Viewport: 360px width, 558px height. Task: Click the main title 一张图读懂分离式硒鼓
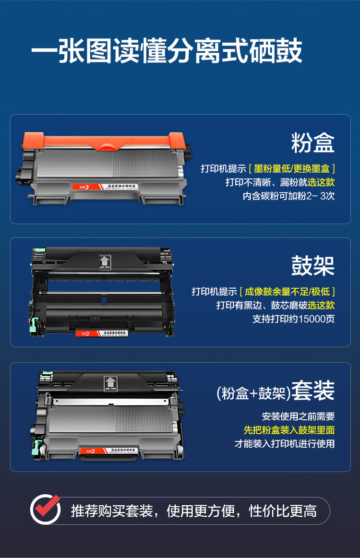point(167,51)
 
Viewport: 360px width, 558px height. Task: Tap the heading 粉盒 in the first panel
point(312,143)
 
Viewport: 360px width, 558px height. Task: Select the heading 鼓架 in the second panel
point(312,266)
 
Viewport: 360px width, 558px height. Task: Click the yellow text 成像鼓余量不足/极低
point(287,291)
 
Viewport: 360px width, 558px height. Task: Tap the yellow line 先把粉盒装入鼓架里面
point(288,430)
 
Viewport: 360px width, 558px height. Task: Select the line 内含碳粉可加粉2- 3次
point(288,196)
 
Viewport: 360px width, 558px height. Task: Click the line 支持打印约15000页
point(293,319)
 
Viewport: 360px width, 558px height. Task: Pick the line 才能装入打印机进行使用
point(284,444)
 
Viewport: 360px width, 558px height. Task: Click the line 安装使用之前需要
point(298,416)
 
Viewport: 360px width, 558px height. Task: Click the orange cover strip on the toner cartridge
point(103,142)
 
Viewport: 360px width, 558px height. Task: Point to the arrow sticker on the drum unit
point(104,261)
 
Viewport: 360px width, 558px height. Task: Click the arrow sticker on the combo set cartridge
point(109,383)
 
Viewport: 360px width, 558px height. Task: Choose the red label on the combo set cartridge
point(90,450)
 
